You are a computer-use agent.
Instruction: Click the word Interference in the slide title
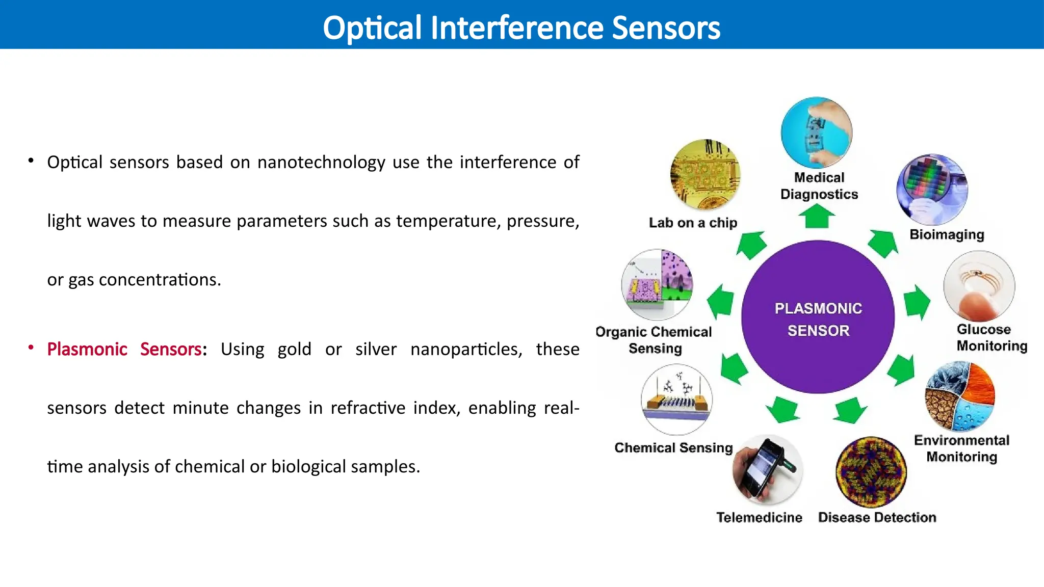pos(516,28)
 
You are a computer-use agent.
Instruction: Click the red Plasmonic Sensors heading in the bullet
pos(124,350)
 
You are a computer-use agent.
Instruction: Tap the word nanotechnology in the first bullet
pos(321,163)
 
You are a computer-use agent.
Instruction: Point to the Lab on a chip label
pos(693,223)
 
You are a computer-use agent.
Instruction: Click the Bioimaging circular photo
pos(932,190)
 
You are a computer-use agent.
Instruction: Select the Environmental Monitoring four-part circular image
pos(960,396)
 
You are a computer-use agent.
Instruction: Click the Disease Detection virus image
pos(871,471)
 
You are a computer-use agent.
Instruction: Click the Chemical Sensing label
pos(673,448)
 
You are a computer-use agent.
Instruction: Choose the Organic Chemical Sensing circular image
pos(657,284)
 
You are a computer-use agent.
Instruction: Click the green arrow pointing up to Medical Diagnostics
pos(816,216)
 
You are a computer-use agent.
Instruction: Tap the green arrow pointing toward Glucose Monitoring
pos(916,302)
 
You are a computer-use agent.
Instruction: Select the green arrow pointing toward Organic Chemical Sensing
pos(721,301)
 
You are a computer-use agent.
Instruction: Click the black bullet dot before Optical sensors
pos(31,161)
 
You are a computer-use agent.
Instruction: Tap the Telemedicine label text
pos(759,518)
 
